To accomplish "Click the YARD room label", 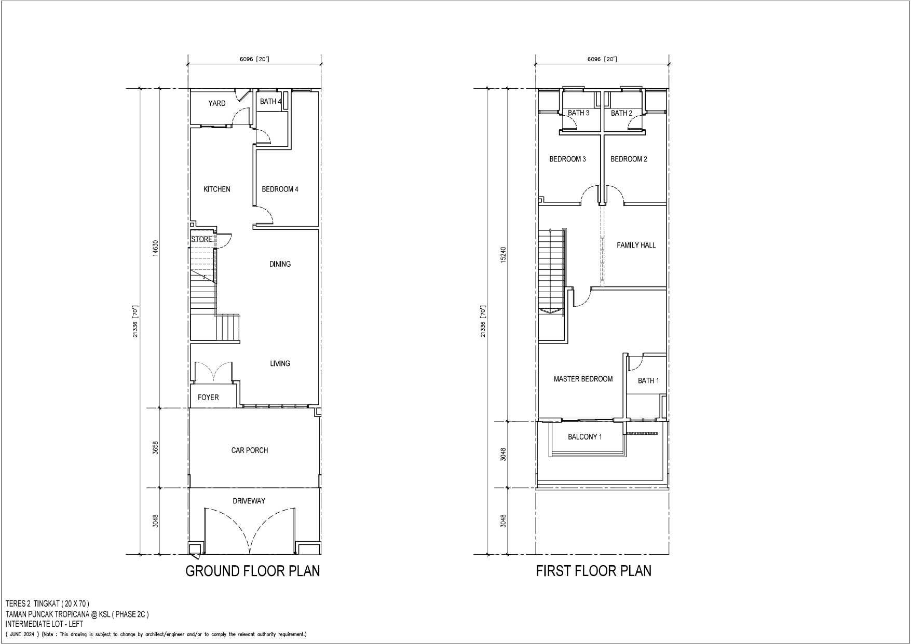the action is point(217,103).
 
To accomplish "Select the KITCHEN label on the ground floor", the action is point(217,189).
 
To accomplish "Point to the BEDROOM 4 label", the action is point(280,189).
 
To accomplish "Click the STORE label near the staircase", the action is point(201,239).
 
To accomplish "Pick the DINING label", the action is point(280,264).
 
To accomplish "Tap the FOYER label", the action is point(208,397).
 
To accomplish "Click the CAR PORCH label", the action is point(250,450).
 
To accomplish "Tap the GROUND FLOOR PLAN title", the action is point(253,571).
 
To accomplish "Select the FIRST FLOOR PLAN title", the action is point(593,571).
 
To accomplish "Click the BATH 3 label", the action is point(578,113).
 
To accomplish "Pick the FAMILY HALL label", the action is point(636,245).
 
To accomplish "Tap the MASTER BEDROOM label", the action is point(583,379).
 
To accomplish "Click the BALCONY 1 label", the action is point(584,437).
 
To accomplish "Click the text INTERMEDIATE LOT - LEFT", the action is point(44,624).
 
